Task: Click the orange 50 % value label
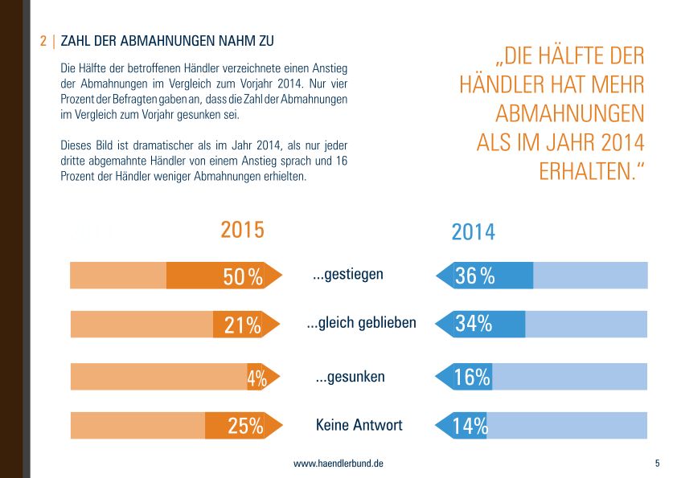point(243,276)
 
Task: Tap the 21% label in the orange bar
point(243,325)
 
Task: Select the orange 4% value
point(257,378)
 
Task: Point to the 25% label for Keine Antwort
point(245,426)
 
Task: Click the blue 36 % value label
point(475,276)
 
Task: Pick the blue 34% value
point(474,323)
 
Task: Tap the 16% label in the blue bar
point(472,377)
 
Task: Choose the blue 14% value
point(470,426)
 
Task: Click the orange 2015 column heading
point(242,230)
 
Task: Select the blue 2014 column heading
point(474,232)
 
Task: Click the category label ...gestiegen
point(348,275)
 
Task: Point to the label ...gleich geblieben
point(361,323)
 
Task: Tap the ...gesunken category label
point(350,377)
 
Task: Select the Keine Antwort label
point(359,425)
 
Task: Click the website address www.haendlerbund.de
point(338,464)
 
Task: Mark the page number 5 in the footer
point(658,464)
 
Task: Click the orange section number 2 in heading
point(43,41)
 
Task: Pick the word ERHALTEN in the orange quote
point(585,172)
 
